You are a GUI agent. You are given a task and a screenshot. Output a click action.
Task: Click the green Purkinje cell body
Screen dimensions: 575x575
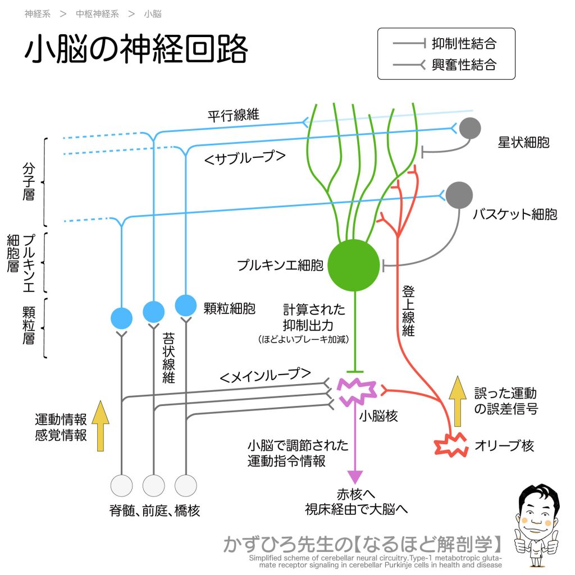click(354, 265)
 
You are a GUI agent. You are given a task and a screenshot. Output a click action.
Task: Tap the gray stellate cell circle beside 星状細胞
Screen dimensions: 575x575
click(470, 129)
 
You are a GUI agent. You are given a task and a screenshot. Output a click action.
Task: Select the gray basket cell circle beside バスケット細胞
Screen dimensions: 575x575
click(459, 195)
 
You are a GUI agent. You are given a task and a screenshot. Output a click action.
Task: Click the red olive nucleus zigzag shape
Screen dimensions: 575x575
click(449, 445)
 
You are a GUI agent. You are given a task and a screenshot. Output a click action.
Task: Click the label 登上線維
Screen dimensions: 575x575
click(408, 311)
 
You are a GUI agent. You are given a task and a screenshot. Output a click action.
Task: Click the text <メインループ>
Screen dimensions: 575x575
click(265, 375)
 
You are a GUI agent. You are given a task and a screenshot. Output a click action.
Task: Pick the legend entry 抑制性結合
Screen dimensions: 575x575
click(464, 43)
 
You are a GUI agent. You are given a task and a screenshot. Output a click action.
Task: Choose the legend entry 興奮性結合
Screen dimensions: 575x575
click(464, 65)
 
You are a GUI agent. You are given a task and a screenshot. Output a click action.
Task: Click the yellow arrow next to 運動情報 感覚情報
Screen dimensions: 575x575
click(101, 426)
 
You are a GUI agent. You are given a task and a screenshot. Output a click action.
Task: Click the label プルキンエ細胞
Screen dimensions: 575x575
click(280, 265)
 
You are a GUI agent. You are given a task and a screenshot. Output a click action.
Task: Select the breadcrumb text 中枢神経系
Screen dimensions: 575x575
click(97, 14)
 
